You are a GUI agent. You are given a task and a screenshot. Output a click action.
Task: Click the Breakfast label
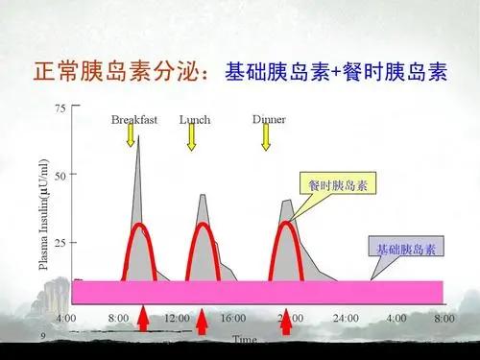[x=133, y=121]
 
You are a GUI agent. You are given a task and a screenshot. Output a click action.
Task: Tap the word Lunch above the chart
[x=195, y=121]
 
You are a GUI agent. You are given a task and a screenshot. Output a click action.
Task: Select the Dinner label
[x=268, y=120]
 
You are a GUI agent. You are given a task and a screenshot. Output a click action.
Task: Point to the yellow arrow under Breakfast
[x=131, y=136]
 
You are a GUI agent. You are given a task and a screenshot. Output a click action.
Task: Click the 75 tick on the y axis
[x=60, y=108]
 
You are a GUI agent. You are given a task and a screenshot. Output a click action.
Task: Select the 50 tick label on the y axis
[x=60, y=175]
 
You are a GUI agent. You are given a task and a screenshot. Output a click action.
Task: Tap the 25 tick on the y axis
[x=60, y=242]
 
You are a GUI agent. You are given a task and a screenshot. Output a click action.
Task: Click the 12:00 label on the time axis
[x=178, y=318]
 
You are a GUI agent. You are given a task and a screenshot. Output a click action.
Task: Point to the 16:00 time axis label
[x=233, y=318]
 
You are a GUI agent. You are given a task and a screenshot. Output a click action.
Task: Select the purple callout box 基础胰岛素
[x=405, y=249]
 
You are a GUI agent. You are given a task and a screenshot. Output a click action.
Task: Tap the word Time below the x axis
[x=244, y=339]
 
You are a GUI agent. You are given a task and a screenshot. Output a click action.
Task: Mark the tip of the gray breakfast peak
[x=137, y=137]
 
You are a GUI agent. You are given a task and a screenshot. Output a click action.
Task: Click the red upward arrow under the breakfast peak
[x=143, y=319]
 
